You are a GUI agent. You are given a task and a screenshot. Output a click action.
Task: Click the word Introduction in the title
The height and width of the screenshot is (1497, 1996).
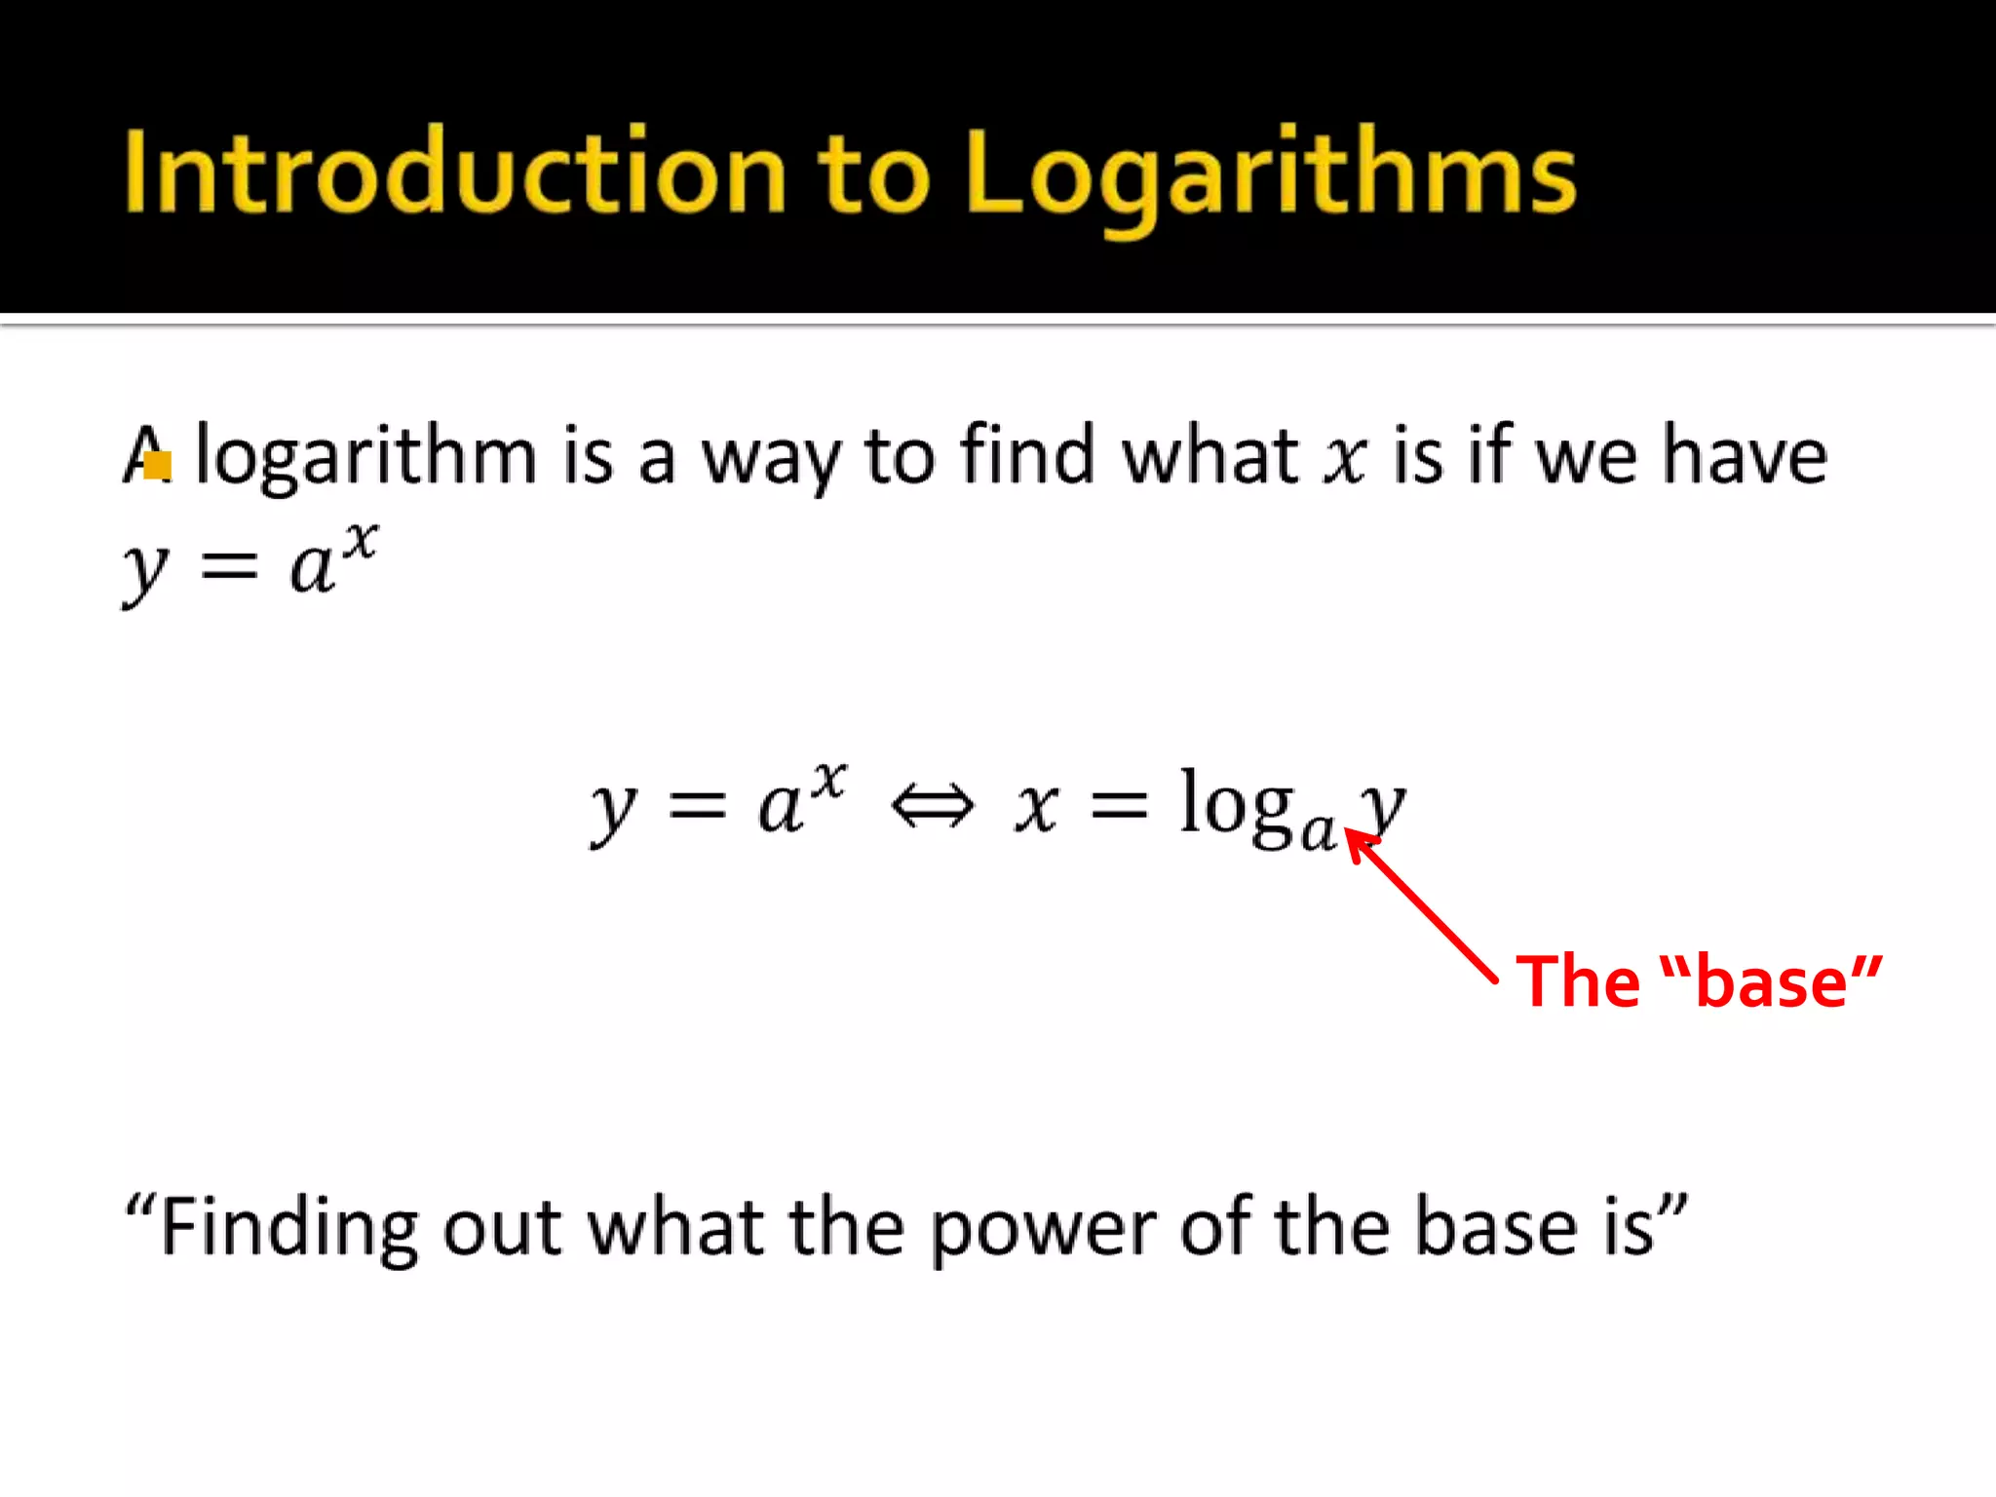click(454, 173)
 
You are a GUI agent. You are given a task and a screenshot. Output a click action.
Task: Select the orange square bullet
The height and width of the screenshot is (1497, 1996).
click(157, 465)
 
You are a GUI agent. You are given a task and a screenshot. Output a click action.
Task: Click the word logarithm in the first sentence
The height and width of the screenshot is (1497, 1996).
click(366, 456)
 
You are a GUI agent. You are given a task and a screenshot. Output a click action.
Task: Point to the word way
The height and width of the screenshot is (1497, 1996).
click(771, 458)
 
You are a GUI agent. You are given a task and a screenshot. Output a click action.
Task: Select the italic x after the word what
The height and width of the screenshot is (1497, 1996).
click(1345, 458)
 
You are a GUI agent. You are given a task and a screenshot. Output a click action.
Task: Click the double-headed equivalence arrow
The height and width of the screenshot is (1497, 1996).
click(933, 806)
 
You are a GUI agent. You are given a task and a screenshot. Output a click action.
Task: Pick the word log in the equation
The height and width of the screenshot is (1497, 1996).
click(1236, 805)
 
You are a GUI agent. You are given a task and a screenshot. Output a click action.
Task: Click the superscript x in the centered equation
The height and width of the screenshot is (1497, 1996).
click(829, 781)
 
